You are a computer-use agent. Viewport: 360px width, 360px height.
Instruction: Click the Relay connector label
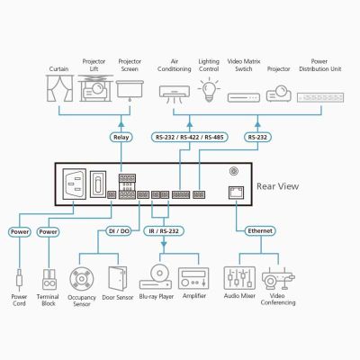click(x=121, y=137)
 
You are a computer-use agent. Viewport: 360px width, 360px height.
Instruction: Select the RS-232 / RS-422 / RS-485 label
click(x=190, y=137)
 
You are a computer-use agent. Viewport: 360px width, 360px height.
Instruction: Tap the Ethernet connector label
click(x=260, y=230)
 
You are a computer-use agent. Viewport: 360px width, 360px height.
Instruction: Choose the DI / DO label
click(x=119, y=231)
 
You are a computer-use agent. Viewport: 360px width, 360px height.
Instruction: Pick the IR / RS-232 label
click(x=164, y=231)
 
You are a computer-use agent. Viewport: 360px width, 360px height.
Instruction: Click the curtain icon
click(x=60, y=88)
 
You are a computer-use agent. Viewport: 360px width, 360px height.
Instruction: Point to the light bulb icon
click(x=209, y=89)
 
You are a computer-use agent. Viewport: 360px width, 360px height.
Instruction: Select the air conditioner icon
click(x=175, y=94)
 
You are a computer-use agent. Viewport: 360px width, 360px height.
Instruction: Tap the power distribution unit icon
click(x=320, y=97)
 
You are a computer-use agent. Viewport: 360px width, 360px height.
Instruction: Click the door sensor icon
click(x=118, y=278)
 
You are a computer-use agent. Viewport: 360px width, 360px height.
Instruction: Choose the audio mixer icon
click(x=239, y=278)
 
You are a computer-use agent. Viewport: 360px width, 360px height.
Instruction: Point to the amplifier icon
click(x=193, y=278)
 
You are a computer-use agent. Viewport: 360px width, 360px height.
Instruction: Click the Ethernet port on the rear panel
click(x=236, y=193)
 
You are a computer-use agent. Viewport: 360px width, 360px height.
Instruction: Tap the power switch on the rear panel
click(x=98, y=184)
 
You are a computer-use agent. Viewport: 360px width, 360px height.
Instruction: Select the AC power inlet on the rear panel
click(x=74, y=184)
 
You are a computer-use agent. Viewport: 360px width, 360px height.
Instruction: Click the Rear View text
click(x=277, y=186)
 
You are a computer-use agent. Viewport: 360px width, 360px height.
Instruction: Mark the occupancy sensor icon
click(x=82, y=279)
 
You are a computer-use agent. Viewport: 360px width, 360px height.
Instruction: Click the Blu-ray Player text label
click(x=157, y=296)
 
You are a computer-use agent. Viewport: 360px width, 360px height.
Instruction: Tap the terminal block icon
click(x=49, y=279)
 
